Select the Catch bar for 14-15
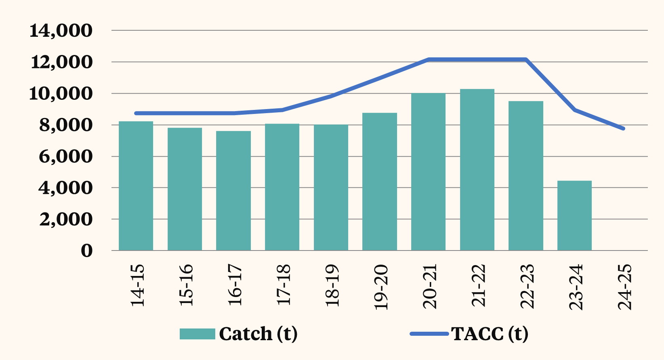coord(136,186)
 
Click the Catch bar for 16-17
coord(233,191)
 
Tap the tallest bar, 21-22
coord(477,170)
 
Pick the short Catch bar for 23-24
coord(574,215)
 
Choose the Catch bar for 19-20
coord(380,182)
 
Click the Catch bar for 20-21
coord(428,172)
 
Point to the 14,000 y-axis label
coord(61,31)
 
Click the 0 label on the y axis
coord(86,251)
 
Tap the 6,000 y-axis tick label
coord(66,156)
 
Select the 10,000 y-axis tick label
coord(61,94)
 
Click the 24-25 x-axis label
coord(624,287)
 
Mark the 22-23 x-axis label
coord(527,286)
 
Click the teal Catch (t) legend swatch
coord(197,334)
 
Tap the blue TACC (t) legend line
coord(429,334)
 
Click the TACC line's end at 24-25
coord(624,128)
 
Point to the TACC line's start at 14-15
coord(136,113)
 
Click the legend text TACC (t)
coord(490,334)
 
